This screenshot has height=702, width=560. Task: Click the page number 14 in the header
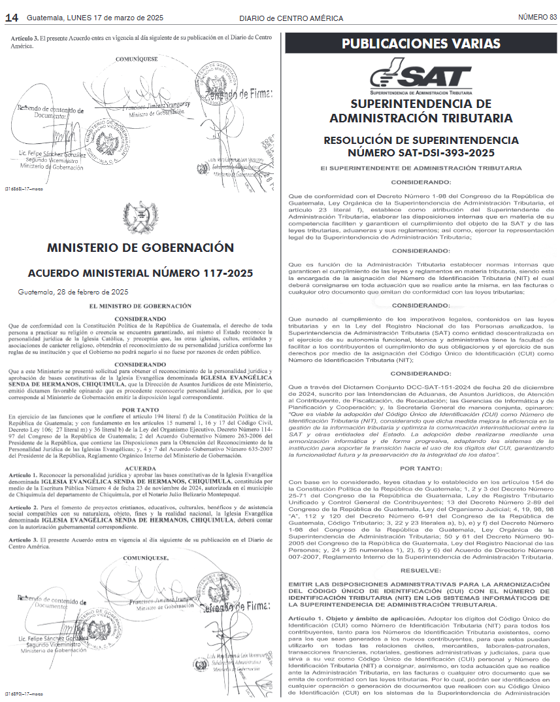11,18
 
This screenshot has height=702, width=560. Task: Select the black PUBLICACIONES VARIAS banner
421,44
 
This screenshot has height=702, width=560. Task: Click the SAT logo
420,76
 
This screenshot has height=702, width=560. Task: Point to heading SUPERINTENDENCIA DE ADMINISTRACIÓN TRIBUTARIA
421,111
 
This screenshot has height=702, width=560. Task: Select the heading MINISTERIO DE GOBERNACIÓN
140,247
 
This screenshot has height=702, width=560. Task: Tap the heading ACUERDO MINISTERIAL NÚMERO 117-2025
140,273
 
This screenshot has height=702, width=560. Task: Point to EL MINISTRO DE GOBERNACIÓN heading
140,306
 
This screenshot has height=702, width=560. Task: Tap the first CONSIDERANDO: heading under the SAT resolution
421,182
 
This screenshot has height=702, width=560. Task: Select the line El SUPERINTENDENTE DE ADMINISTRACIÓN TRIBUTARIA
421,168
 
